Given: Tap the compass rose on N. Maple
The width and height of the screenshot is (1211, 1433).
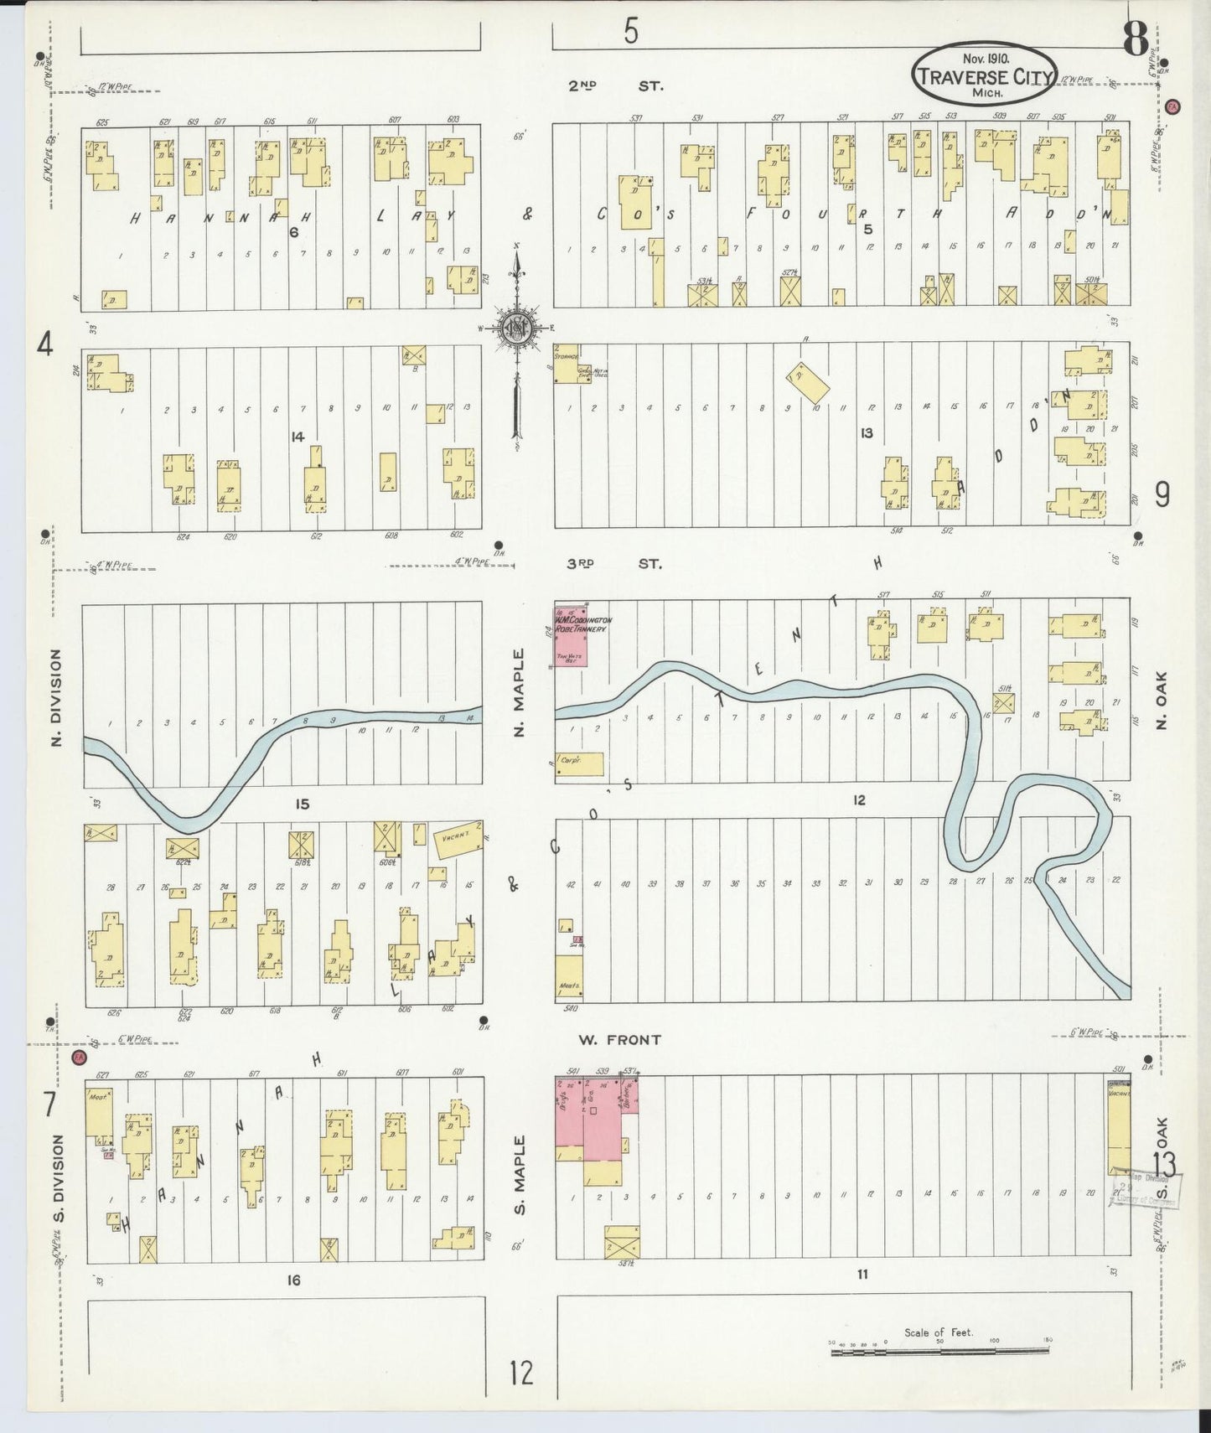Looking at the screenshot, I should pos(515,329).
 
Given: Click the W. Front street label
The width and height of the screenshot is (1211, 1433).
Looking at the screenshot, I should pos(619,1039).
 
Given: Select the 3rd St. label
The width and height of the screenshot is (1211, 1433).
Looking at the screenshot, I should pos(613,563).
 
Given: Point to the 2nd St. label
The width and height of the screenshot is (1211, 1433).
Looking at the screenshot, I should pos(615,85).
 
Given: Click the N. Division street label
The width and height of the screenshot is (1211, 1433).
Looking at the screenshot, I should pos(56,697).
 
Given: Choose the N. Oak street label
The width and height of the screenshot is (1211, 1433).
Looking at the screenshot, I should pos(1161,700).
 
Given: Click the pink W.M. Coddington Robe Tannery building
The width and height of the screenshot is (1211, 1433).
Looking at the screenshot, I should pos(571,635).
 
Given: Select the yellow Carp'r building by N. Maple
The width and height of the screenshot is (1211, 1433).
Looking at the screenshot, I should pos(578,763).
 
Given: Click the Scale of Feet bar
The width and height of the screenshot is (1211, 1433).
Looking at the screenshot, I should pos(939,1351).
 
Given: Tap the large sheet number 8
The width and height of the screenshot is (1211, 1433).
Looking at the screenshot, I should pos(1136,39).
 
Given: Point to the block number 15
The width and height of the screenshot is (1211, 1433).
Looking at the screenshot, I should pos(302,804).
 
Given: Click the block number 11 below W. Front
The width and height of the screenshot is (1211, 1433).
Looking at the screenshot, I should pos(862,1275).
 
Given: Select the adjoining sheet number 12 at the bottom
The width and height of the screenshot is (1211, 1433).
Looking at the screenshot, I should pos(520,1373).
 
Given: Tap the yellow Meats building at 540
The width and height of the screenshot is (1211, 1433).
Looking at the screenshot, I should pos(569,976).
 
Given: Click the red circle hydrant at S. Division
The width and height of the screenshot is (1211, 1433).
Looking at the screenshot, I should pos(79,1057).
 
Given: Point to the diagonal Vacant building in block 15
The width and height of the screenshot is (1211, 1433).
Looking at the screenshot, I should pos(458,838).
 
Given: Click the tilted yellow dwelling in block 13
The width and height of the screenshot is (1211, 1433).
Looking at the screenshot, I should pos(808,381).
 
